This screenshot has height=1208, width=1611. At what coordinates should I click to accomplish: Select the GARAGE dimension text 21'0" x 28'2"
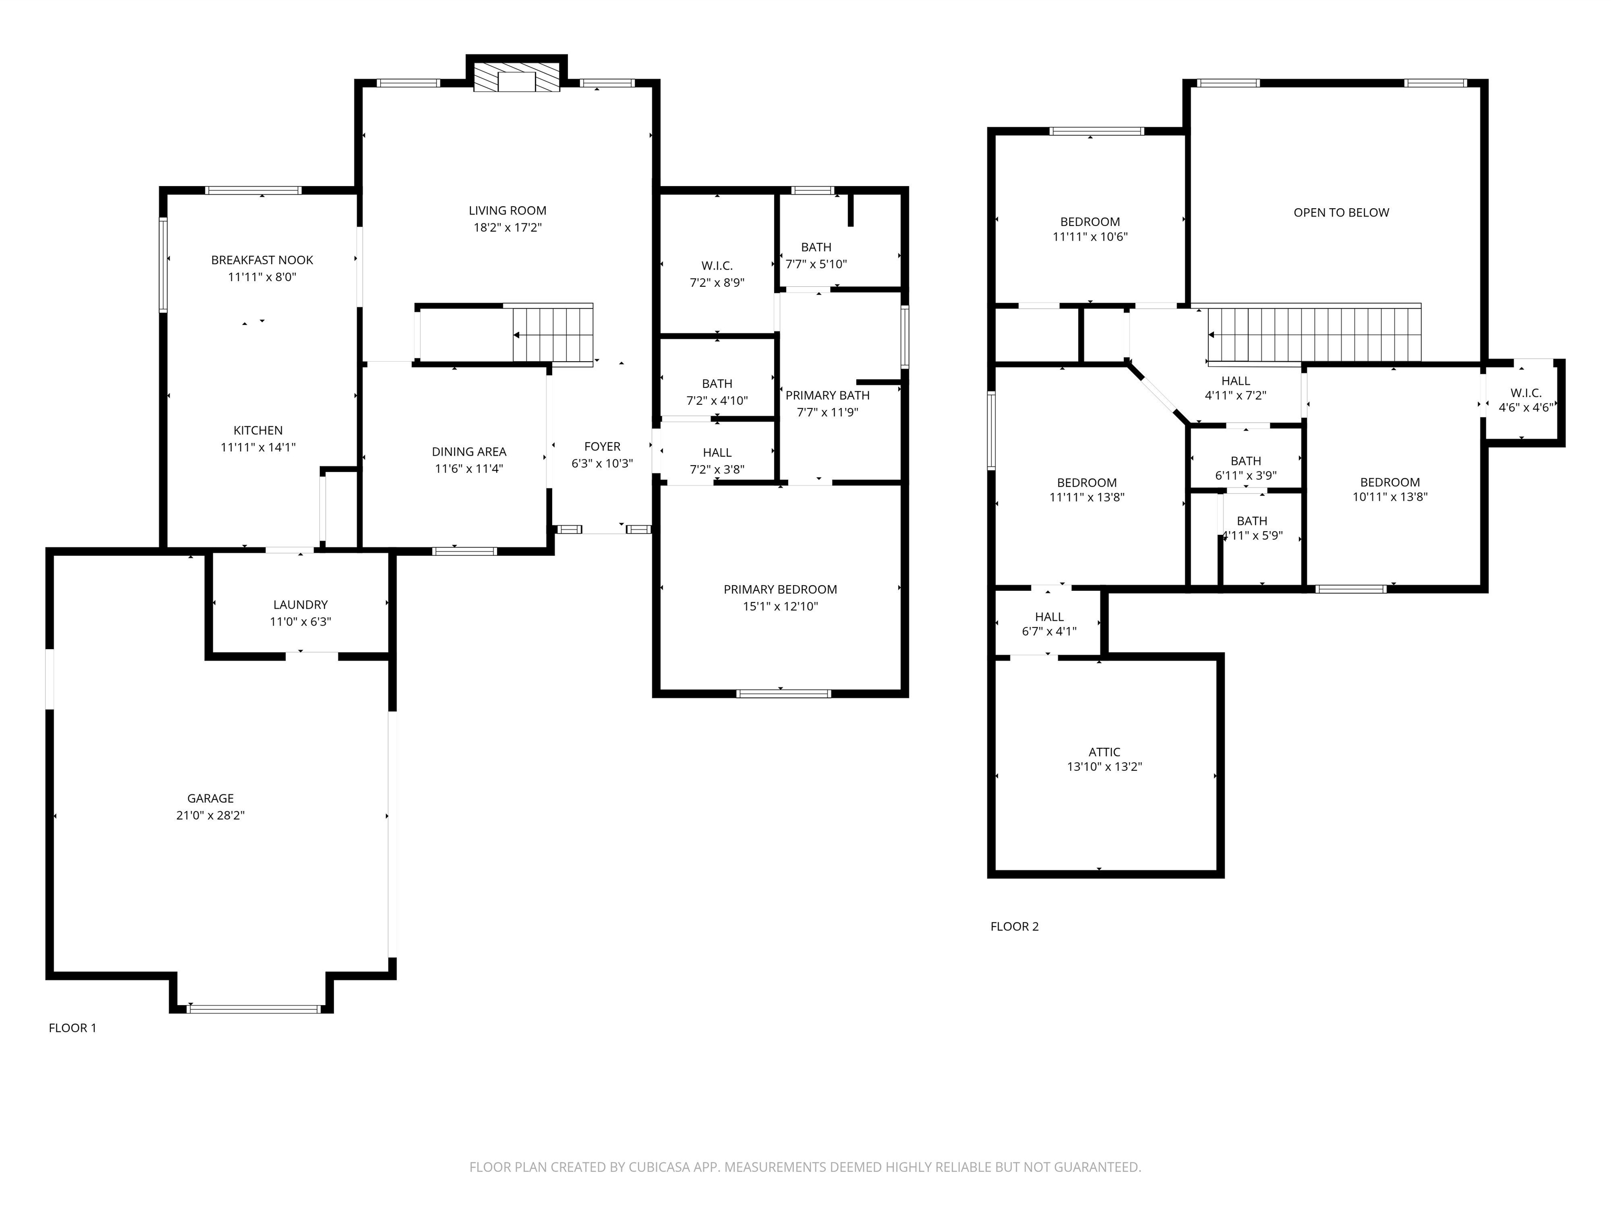(x=210, y=815)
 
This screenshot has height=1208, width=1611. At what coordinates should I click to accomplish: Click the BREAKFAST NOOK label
(x=262, y=261)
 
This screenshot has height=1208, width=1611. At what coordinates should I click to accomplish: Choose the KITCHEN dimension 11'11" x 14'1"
(x=258, y=448)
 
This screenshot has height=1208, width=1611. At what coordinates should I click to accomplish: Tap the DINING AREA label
(x=469, y=452)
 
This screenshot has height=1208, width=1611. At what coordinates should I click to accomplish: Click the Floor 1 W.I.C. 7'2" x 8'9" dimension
(x=717, y=283)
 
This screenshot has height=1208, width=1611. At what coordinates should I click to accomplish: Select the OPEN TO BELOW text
(x=1341, y=213)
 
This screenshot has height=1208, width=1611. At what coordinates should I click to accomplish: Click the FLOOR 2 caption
(x=1015, y=927)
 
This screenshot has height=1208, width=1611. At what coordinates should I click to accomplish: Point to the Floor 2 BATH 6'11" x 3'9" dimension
(x=1246, y=476)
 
